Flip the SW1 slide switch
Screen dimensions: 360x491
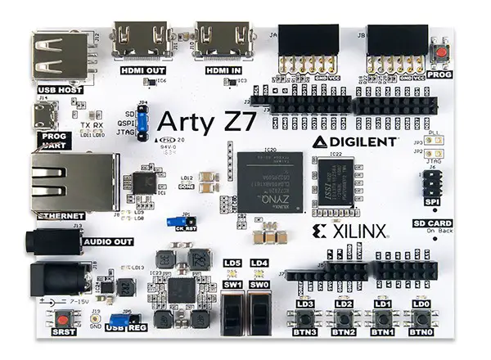(233, 311)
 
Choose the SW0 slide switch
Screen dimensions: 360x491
(260, 311)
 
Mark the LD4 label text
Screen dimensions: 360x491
(259, 262)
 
